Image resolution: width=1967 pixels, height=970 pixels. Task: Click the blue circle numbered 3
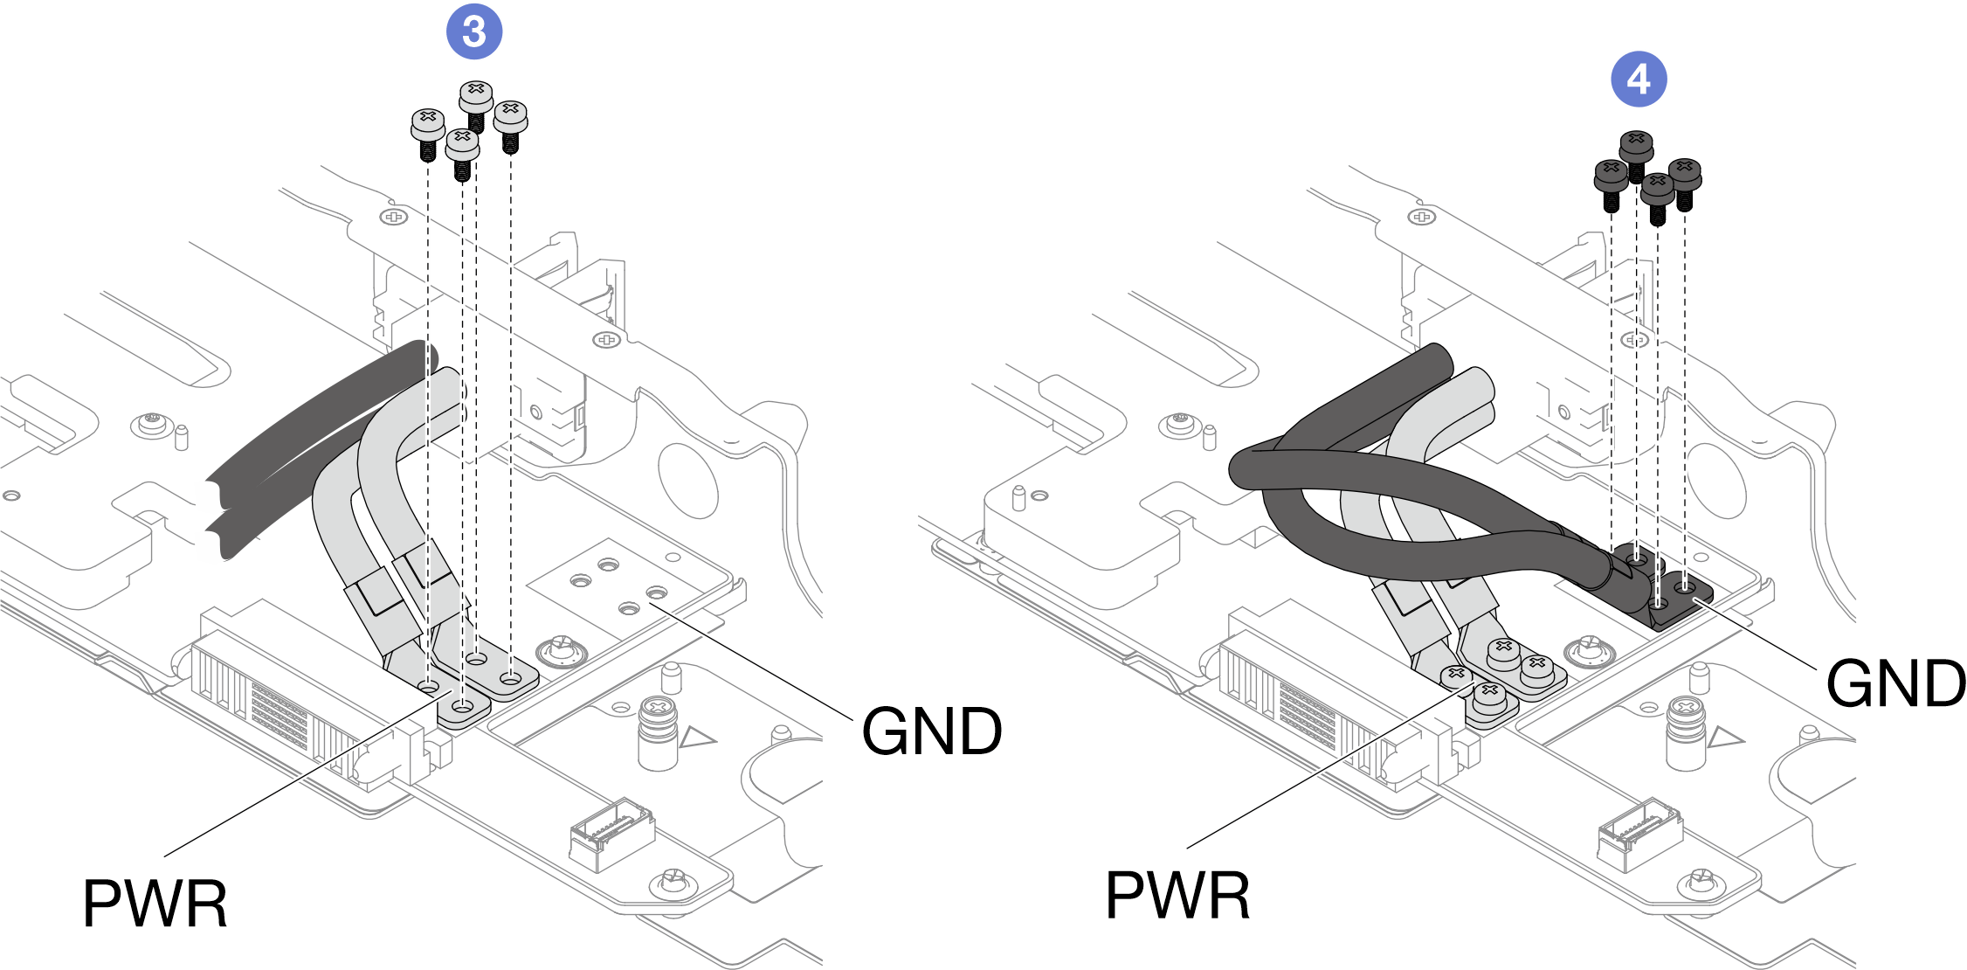473,32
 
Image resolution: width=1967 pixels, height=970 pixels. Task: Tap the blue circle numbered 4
1639,80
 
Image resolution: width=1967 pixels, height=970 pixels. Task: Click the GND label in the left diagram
931,731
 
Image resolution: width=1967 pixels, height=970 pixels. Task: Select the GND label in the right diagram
1895,683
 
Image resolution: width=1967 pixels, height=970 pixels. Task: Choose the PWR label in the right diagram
1177,896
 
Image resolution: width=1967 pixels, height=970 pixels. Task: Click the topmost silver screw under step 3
476,97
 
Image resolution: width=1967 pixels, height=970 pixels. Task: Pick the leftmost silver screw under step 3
427,127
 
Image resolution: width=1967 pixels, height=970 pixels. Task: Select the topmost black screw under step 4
1636,149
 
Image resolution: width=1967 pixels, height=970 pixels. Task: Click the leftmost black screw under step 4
1611,177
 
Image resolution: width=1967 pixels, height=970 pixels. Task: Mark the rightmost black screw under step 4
1685,176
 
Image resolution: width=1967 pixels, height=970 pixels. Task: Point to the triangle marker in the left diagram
696,738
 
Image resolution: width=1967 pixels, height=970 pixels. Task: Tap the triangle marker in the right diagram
1724,738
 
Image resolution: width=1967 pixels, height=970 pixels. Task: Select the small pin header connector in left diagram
611,834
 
